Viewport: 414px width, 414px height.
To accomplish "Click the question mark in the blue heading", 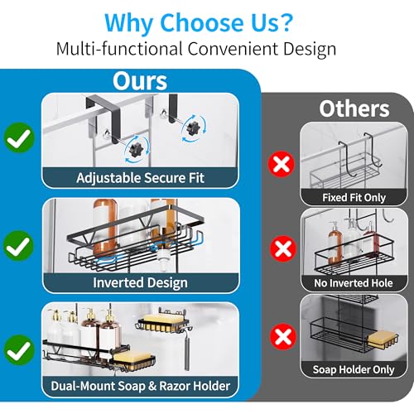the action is pyautogui.click(x=283, y=22).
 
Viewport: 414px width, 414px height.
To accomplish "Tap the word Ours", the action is pyautogui.click(x=140, y=81).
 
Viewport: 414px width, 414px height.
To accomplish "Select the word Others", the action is pyautogui.click(x=354, y=108).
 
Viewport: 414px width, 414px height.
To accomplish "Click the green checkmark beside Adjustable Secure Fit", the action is pyautogui.click(x=19, y=137).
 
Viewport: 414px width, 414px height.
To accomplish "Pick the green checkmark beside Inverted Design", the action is pyautogui.click(x=18, y=246).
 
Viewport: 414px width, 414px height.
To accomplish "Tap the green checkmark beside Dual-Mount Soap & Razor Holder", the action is pyautogui.click(x=18, y=350).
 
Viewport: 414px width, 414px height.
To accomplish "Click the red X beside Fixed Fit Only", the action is pyautogui.click(x=282, y=164).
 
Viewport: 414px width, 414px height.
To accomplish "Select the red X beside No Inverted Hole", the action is pyautogui.click(x=283, y=248).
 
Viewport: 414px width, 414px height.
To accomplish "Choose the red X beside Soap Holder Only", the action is pyautogui.click(x=283, y=337).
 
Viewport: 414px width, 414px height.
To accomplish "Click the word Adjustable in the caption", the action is pyautogui.click(x=108, y=178).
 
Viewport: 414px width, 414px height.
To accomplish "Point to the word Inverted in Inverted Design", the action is pyautogui.click(x=118, y=282).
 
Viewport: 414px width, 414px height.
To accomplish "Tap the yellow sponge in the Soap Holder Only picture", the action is pyautogui.click(x=381, y=339).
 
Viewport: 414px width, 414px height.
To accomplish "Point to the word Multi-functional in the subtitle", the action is pyautogui.click(x=119, y=49).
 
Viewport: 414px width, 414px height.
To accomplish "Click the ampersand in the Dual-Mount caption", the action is pyautogui.click(x=152, y=386).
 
